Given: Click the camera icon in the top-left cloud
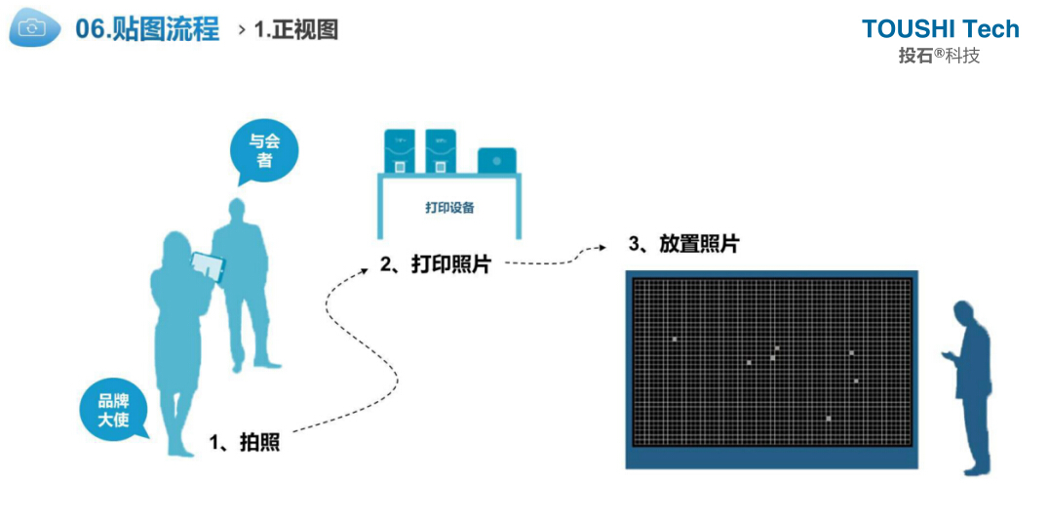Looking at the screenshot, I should [33, 29].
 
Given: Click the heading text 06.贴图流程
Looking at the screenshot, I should [146, 29].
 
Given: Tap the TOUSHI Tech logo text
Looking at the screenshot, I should [940, 29].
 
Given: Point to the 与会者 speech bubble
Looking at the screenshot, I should [264, 153].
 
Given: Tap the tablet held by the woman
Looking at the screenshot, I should [208, 264].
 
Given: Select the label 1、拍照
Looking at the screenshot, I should [245, 442].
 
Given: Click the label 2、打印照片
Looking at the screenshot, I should [435, 263].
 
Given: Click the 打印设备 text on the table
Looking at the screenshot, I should [449, 208].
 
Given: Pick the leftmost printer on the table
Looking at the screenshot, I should [399, 151].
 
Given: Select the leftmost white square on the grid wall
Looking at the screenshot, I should [674, 339].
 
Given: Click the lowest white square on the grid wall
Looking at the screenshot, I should [828, 418].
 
